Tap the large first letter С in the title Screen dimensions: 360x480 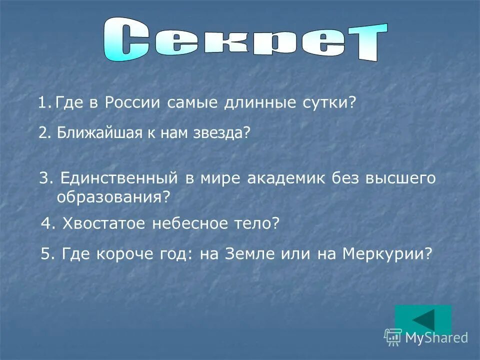point(127,40)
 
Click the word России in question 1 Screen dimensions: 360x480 point(133,103)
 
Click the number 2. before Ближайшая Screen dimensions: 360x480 point(45,133)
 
